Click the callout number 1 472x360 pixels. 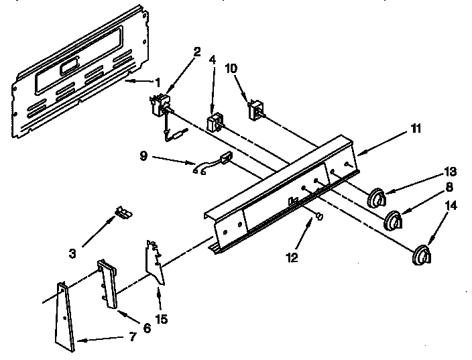158,83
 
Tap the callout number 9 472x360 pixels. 143,156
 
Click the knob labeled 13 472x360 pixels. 377,198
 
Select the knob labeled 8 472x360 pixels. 394,219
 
